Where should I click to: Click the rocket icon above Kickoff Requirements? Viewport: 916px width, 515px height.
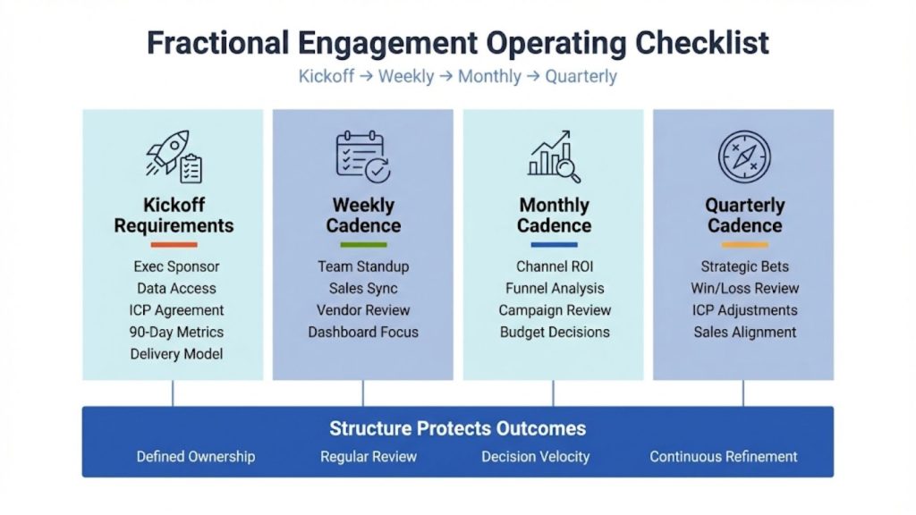(x=174, y=157)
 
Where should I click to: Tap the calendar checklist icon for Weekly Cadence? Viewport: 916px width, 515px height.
(x=362, y=156)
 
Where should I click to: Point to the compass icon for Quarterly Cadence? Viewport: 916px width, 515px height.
(x=743, y=156)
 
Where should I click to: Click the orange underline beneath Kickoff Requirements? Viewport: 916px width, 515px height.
(x=174, y=244)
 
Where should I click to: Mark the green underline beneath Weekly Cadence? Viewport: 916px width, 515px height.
(x=363, y=244)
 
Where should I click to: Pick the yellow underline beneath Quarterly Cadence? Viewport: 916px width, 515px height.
(x=744, y=244)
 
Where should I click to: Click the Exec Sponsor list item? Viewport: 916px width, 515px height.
(x=176, y=266)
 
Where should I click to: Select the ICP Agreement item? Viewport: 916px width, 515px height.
(x=176, y=310)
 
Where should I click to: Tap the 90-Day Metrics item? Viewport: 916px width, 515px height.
(x=176, y=332)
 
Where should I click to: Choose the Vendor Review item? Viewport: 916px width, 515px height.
(x=363, y=310)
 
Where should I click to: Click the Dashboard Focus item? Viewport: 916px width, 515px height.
(x=363, y=332)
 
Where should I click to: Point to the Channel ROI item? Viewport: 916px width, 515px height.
(x=555, y=266)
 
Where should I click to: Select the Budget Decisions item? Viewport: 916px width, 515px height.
(x=555, y=332)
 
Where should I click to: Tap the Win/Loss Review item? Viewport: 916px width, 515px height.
(x=744, y=288)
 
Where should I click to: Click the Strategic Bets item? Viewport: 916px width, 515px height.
(x=744, y=266)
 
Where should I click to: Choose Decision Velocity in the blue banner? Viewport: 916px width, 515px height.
(x=535, y=457)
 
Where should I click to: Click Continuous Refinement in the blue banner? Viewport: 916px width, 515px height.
(x=723, y=457)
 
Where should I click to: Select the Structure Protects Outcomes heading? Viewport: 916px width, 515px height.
(x=457, y=428)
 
